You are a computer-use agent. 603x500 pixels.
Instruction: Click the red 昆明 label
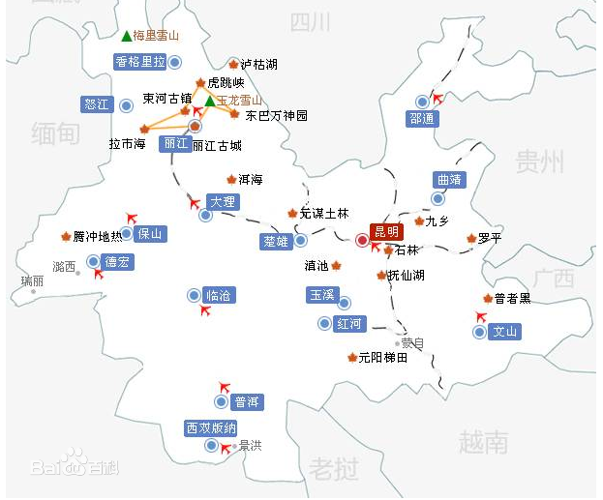[385, 232]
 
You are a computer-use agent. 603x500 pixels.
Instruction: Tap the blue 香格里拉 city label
[140, 61]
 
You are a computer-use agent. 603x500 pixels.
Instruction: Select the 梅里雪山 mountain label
[157, 36]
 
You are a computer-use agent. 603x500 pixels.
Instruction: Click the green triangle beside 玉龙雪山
[209, 101]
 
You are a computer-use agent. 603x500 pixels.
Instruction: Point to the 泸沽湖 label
[258, 65]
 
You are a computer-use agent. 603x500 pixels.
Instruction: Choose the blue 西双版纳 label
[211, 427]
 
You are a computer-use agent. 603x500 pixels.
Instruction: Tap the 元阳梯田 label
[383, 358]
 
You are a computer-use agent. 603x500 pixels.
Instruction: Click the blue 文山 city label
[505, 332]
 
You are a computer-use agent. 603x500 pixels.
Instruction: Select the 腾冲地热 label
[99, 236]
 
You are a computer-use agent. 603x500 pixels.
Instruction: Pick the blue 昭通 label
[423, 119]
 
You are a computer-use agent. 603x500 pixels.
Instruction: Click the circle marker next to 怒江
[126, 104]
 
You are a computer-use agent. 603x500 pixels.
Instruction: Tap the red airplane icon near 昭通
[438, 99]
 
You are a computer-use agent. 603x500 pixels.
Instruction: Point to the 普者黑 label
[512, 299]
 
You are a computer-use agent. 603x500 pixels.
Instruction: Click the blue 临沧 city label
[220, 295]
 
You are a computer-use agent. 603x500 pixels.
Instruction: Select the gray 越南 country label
[483, 443]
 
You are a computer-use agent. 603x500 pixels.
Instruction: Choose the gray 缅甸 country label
[54, 132]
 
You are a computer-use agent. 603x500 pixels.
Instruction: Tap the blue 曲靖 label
[450, 180]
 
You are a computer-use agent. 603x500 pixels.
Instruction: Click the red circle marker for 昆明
[362, 239]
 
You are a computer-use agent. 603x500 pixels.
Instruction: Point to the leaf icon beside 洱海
[230, 179]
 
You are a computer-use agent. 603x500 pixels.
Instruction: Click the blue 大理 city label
[223, 202]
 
